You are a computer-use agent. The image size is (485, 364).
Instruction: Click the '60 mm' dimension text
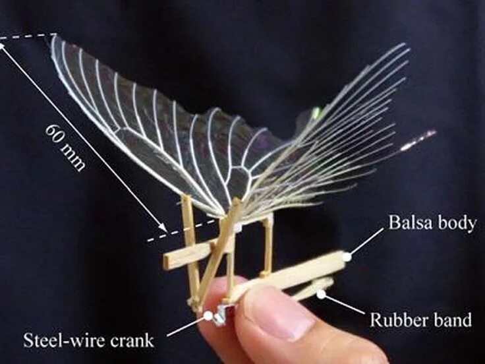coord(66,146)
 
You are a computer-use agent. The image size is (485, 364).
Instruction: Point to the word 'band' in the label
coord(452,321)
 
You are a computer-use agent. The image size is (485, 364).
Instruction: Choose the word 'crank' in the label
coord(131,341)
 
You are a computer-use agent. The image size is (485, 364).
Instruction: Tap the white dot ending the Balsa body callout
coord(347,253)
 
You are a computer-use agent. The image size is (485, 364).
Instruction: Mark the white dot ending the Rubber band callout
coord(320,293)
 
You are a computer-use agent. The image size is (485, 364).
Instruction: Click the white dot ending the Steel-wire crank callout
coord(208,316)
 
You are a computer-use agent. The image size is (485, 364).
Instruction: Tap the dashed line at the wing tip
coord(26,37)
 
